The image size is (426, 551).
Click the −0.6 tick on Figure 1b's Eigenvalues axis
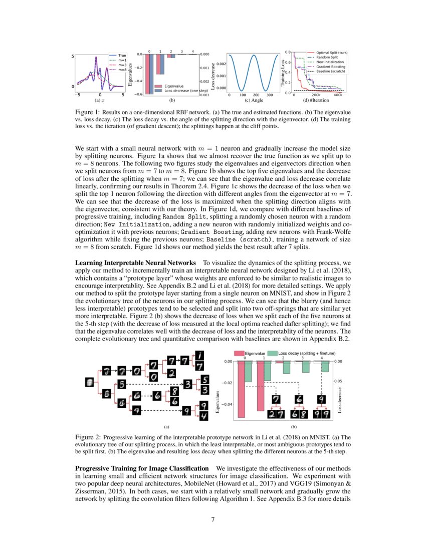tap(137, 94)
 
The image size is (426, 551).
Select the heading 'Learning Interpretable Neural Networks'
tap(135, 262)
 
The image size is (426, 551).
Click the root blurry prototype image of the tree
tap(90, 382)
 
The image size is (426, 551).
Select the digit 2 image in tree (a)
tap(171, 373)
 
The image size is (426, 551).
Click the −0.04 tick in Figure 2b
tap(227, 404)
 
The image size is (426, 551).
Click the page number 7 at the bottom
tap(213, 519)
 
